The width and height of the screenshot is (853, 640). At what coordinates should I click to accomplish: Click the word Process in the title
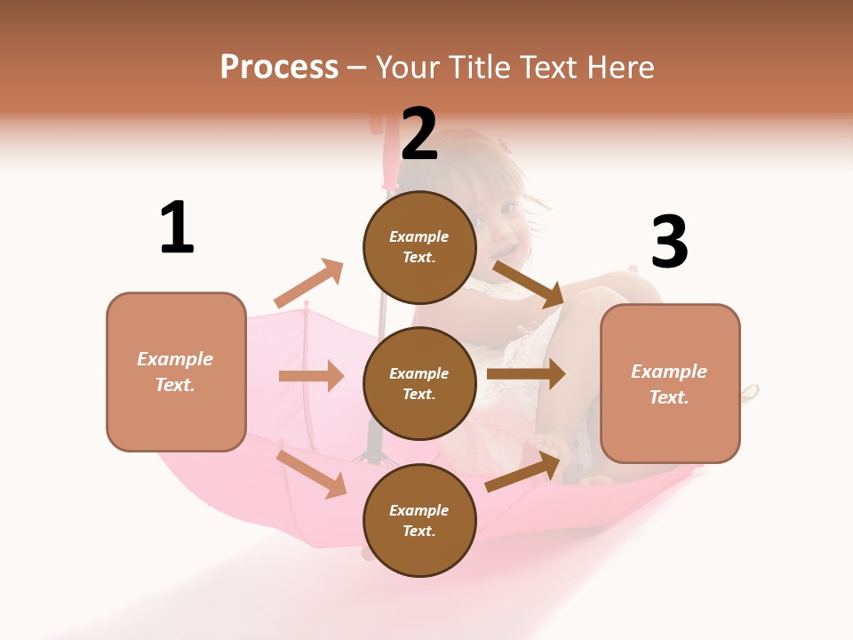(279, 68)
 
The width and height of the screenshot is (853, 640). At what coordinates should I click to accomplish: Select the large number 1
(177, 228)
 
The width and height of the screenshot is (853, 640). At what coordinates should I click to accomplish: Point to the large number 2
(419, 134)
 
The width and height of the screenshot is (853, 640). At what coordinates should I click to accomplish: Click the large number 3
(669, 243)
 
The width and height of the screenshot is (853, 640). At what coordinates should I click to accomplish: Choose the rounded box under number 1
(176, 372)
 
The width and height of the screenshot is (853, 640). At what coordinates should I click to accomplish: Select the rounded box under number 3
(670, 383)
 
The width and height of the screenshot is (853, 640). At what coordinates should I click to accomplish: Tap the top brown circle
(419, 247)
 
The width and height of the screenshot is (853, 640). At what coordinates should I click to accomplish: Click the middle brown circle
(419, 383)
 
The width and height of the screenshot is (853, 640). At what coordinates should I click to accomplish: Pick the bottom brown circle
(419, 520)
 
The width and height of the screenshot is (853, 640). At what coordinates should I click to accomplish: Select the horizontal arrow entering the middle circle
(311, 376)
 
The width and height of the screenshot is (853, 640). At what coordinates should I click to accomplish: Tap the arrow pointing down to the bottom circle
(312, 474)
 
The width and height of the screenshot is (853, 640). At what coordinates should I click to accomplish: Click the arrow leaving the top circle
(528, 284)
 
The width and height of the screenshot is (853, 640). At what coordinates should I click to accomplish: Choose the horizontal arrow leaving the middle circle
(526, 374)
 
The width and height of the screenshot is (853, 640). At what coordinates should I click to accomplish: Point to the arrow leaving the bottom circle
(523, 472)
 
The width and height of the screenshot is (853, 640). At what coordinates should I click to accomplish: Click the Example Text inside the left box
(175, 372)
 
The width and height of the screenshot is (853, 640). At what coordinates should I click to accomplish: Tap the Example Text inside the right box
(669, 384)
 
